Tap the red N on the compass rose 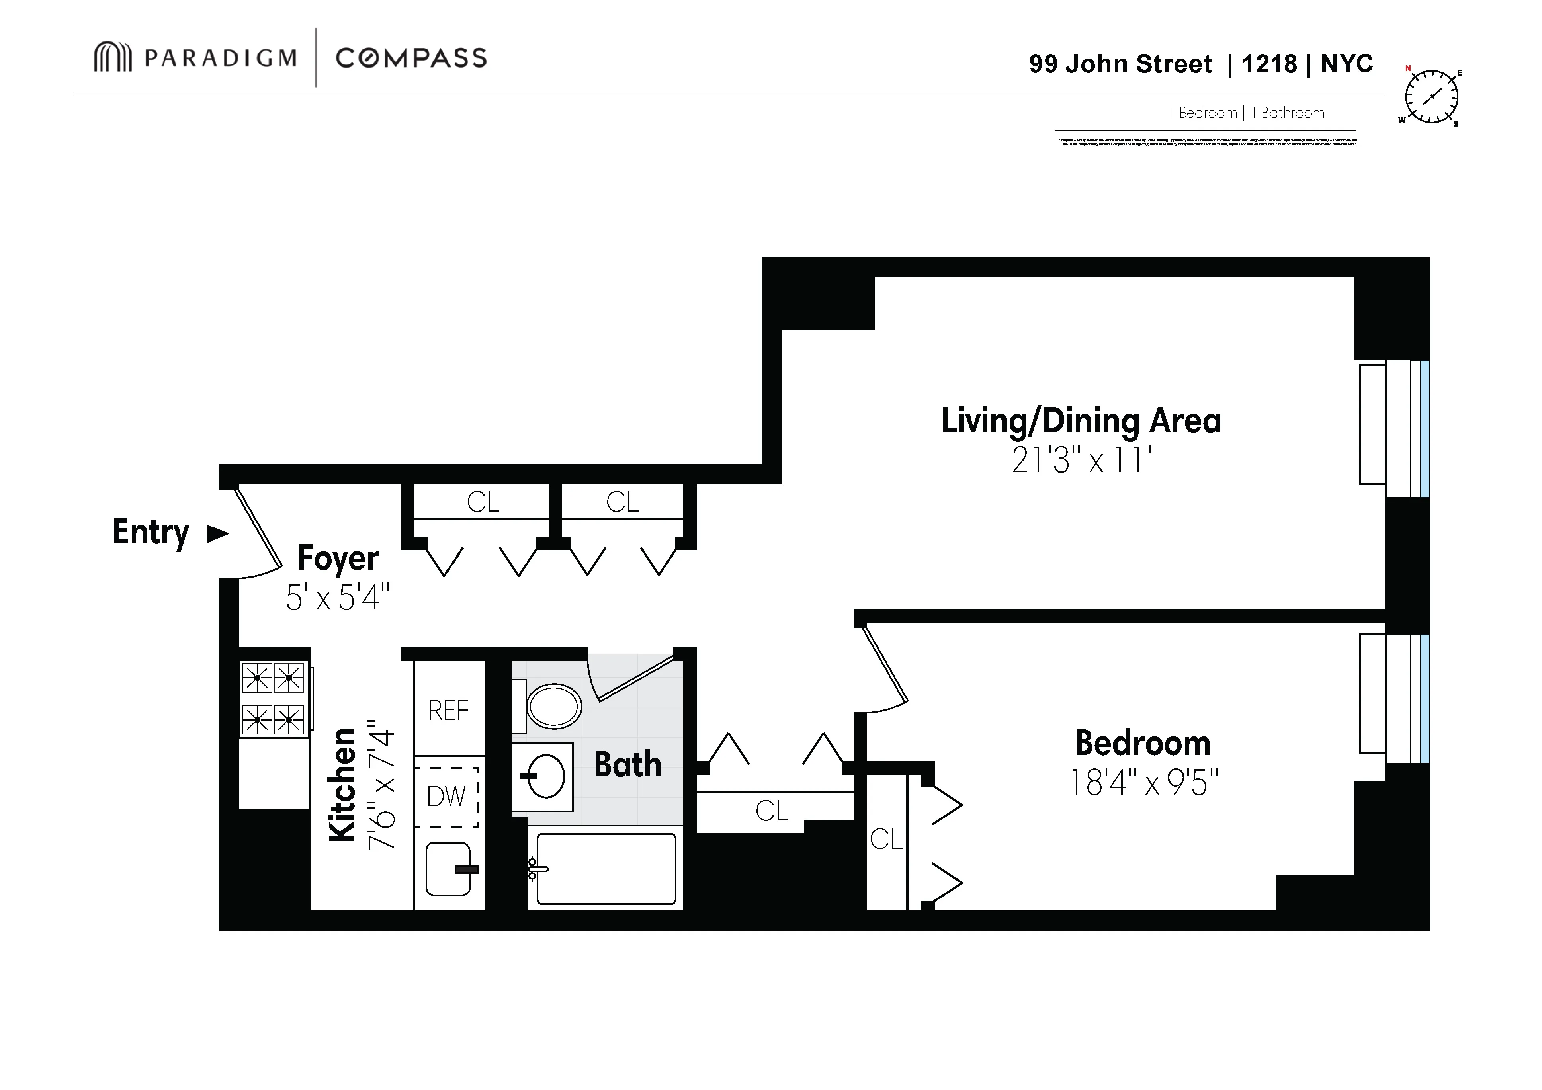[1408, 68]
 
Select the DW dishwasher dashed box [447, 797]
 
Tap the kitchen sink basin [448, 869]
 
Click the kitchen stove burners [274, 698]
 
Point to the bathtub [606, 868]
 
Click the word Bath [627, 764]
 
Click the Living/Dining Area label [1081, 421]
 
